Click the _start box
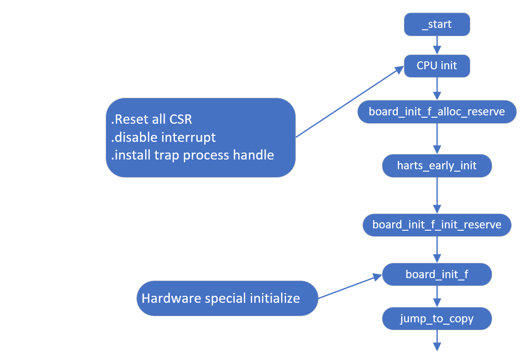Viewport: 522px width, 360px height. pyautogui.click(x=437, y=24)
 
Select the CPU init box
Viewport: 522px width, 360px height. pyautogui.click(x=437, y=66)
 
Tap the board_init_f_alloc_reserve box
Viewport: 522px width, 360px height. pyautogui.click(x=437, y=112)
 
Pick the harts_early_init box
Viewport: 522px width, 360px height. pyautogui.click(x=437, y=166)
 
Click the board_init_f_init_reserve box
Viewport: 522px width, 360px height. pyautogui.click(x=437, y=225)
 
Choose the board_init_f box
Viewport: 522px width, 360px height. pyautogui.click(x=437, y=274)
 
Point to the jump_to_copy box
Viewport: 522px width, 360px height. pyautogui.click(x=437, y=319)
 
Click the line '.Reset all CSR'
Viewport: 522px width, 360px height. pyautogui.click(x=152, y=120)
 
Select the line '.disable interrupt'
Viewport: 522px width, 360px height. pyautogui.click(x=163, y=137)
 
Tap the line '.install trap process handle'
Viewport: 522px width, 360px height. pyautogui.click(x=192, y=155)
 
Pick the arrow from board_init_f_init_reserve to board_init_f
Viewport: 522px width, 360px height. pyautogui.click(x=437, y=250)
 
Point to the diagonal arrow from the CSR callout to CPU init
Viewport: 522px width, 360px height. pyautogui.click(x=349, y=102)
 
